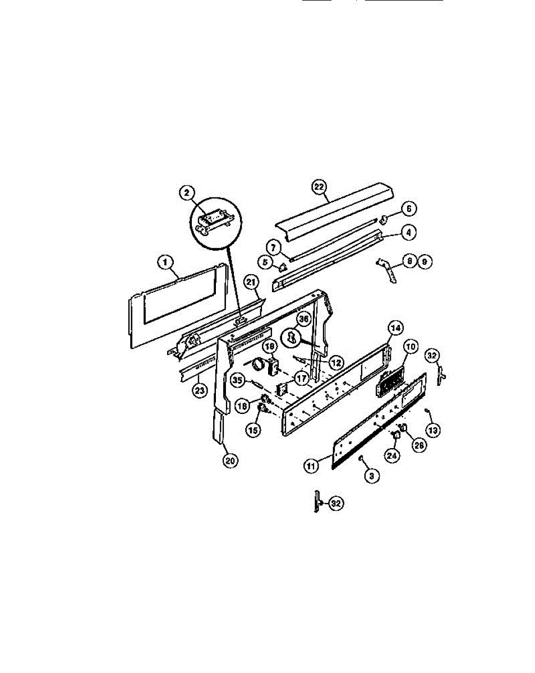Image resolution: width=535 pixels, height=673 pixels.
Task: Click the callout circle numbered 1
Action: [x=165, y=262]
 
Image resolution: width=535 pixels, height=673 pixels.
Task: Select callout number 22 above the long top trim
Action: [x=319, y=187]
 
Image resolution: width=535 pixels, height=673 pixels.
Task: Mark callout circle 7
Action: [x=273, y=247]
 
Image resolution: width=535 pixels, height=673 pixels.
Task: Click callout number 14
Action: [x=396, y=327]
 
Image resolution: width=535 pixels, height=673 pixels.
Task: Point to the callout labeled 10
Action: [x=410, y=347]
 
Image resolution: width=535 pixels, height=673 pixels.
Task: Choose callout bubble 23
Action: [x=199, y=390]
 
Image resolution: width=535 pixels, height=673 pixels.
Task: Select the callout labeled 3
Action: [x=371, y=476]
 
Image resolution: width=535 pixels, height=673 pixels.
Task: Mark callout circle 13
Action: [x=433, y=430]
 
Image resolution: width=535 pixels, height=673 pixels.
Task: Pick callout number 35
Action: [x=237, y=380]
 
